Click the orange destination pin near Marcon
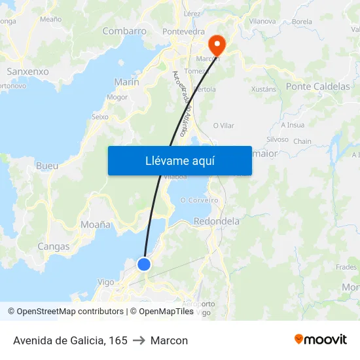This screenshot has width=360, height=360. [x=216, y=45]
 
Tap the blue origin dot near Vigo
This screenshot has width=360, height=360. [x=144, y=264]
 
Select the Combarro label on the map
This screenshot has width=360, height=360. [x=124, y=31]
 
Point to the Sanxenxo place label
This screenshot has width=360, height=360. [x=27, y=71]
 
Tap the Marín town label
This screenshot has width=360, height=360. [x=126, y=82]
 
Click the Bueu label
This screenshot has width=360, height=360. [x=47, y=166]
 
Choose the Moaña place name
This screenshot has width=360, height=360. [x=96, y=224]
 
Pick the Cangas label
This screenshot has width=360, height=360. [x=54, y=247]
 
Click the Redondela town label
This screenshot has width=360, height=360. [x=217, y=221]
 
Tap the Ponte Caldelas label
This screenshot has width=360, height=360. [x=317, y=86]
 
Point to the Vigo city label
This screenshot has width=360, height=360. [x=105, y=282]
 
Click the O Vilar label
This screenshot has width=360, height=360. [x=223, y=126]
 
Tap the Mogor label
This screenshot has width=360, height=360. [x=117, y=98]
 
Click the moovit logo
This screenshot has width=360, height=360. [x=321, y=339]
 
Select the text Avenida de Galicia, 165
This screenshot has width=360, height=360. [x=70, y=340]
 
